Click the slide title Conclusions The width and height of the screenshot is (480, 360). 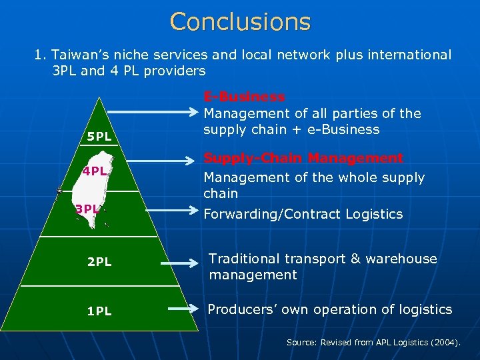coord(240,21)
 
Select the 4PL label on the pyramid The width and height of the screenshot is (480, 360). coord(94,171)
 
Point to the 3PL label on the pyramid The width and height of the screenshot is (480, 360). coord(87,209)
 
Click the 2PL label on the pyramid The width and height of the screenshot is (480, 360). coord(99,262)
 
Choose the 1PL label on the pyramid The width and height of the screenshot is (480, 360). coord(99,311)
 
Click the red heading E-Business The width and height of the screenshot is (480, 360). coord(244,97)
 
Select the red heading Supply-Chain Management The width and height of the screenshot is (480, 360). coord(303,159)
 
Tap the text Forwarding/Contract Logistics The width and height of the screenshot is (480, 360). coord(303,214)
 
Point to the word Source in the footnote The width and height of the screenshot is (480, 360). coord(301,342)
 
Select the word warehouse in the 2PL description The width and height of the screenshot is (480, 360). coord(403,259)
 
